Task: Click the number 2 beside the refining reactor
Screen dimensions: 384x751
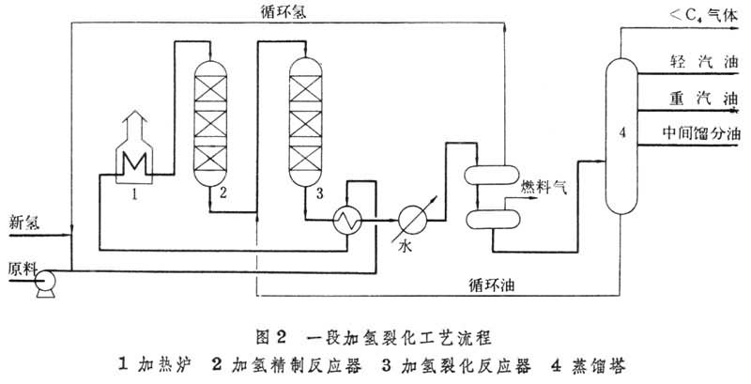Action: click(x=223, y=193)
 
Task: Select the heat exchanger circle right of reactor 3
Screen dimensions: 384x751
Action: click(x=349, y=220)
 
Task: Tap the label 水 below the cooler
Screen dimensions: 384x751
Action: click(x=407, y=249)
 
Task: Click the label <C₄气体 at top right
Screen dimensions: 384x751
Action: click(x=700, y=15)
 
